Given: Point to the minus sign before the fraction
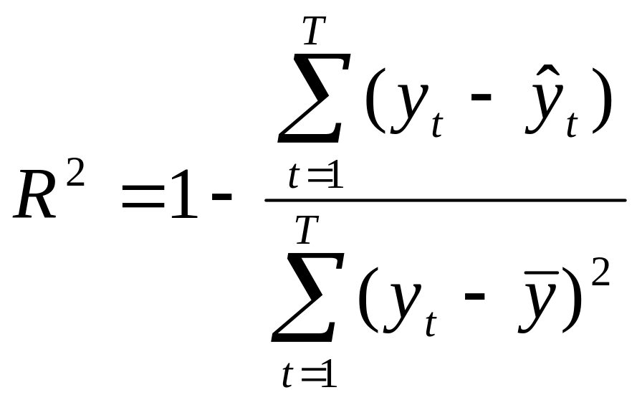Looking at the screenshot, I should (x=221, y=197).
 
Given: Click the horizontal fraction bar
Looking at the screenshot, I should (x=444, y=200).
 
